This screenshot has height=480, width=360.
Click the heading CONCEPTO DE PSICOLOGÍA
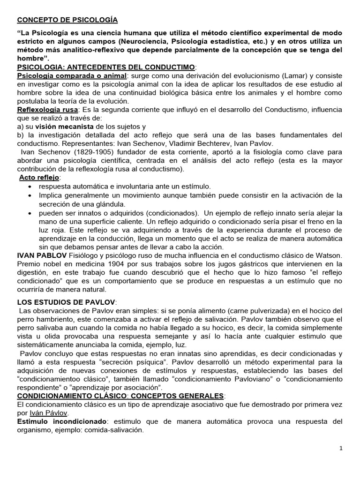[67, 20]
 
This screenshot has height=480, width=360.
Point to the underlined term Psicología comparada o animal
[72, 76]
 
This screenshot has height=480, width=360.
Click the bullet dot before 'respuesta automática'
[30, 187]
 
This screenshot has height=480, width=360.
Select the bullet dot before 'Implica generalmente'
[30, 195]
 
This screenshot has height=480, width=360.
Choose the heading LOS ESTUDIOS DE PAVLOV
[65, 302]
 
